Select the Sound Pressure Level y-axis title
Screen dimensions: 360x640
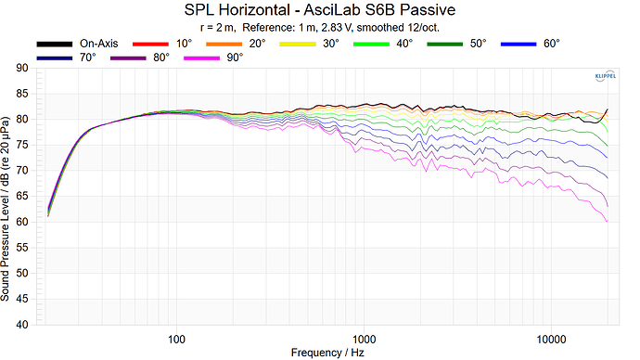[x=7, y=197]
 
